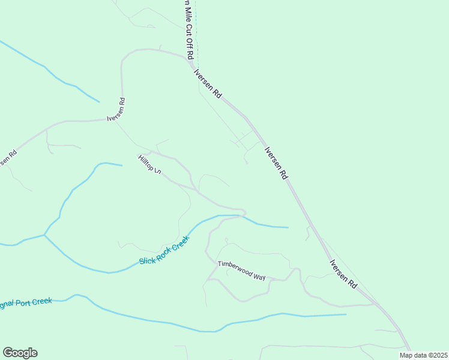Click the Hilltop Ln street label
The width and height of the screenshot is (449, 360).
(149, 164)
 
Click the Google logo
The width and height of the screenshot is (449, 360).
(20, 353)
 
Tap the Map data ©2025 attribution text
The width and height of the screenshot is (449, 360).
(423, 355)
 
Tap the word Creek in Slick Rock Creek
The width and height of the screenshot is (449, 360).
(180, 243)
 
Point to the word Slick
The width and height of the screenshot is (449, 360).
(146, 260)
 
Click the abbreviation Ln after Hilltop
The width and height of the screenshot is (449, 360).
(157, 171)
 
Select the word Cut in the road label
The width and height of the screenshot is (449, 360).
(188, 28)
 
